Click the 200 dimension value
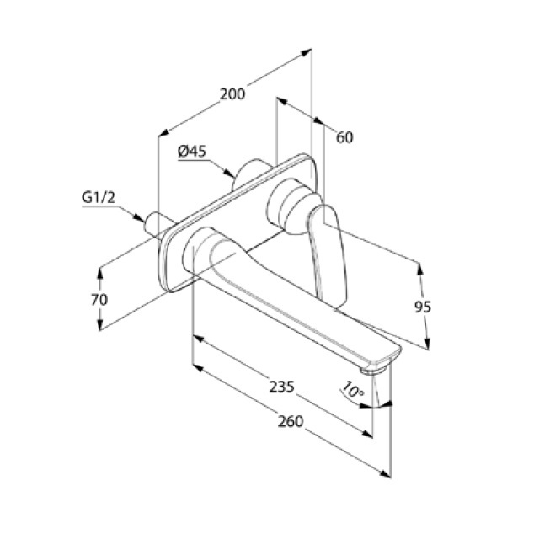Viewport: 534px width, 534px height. click(232, 94)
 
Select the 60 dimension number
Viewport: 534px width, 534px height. click(344, 137)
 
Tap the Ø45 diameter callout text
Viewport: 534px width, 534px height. click(192, 152)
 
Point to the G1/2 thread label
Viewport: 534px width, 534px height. click(99, 197)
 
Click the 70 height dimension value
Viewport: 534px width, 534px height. click(99, 300)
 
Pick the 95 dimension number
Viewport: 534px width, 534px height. click(423, 307)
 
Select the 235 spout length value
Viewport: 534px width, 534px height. click(281, 387)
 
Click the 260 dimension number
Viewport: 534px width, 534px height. click(290, 421)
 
